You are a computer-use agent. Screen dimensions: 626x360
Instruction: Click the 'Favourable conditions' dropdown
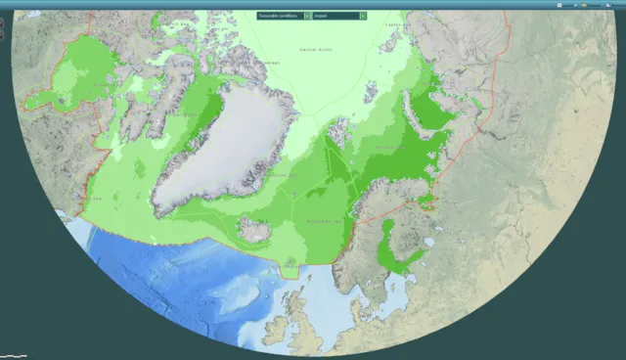pos(280,16)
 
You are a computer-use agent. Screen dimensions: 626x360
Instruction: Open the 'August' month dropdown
pos(335,16)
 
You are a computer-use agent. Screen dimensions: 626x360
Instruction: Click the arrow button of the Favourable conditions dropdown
pos(308,16)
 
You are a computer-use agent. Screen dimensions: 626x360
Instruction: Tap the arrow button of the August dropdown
pos(364,16)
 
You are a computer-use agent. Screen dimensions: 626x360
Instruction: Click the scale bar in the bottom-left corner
pos(14,354)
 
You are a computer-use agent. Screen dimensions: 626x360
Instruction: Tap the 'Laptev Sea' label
pos(394,24)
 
